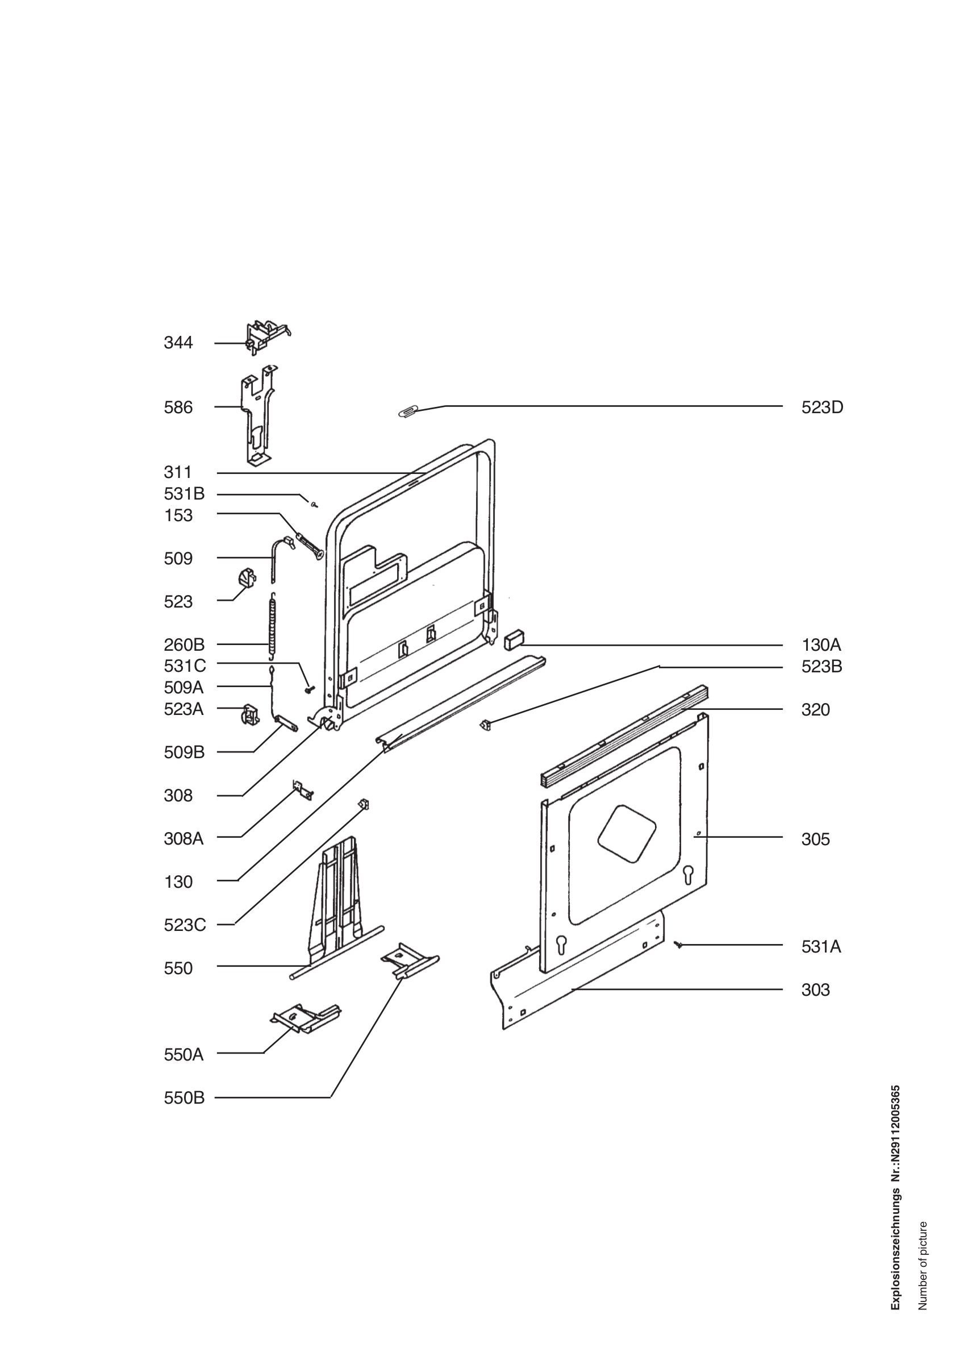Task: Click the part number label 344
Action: point(178,343)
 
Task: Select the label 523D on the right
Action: point(822,407)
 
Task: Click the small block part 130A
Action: point(514,639)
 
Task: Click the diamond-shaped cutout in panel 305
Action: point(627,832)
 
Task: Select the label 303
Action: point(816,991)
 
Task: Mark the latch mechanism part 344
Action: point(268,337)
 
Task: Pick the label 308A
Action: point(183,839)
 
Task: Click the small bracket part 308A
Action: point(303,791)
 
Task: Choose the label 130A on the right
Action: point(821,645)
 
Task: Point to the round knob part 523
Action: point(247,577)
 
